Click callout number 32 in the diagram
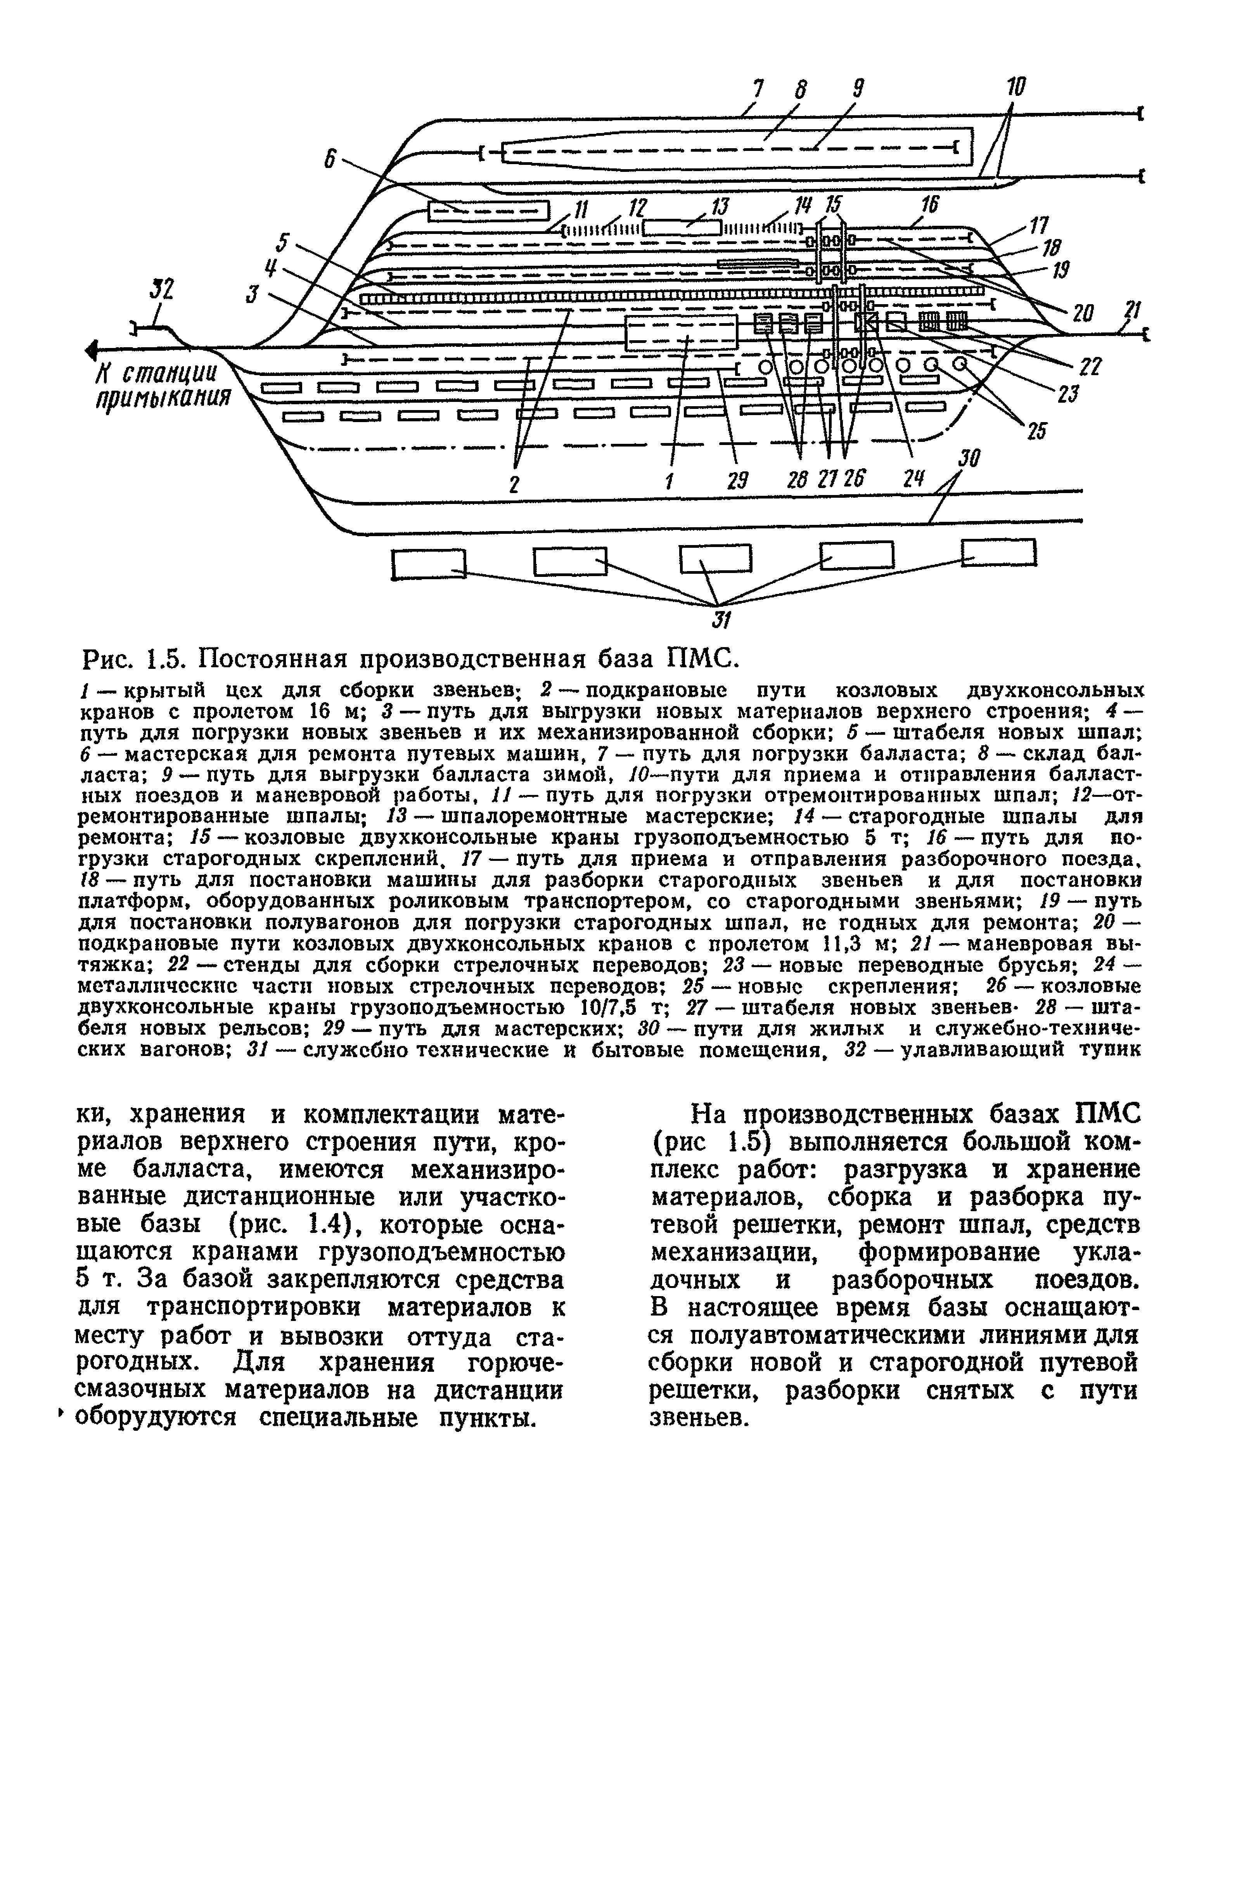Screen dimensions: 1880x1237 pos(162,291)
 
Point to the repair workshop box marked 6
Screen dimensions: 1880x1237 pos(488,211)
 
